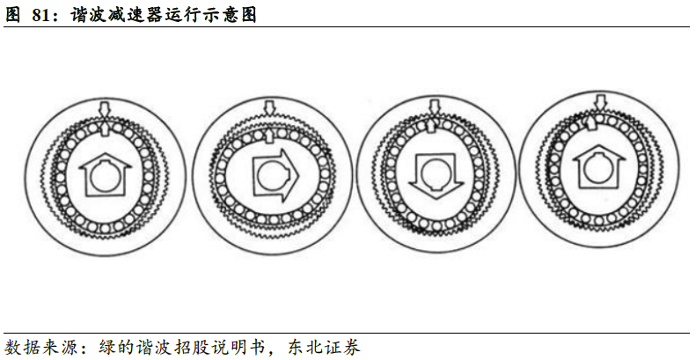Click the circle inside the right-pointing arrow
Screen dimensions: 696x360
click(270, 175)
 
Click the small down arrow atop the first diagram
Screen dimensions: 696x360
click(105, 108)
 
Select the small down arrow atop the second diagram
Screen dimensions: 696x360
click(269, 107)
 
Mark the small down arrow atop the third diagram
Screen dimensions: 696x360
click(433, 107)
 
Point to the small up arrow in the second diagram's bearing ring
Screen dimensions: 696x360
click(269, 134)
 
